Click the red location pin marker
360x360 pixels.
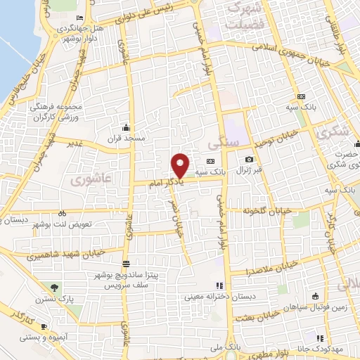click(x=180, y=165)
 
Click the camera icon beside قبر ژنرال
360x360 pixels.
click(x=250, y=160)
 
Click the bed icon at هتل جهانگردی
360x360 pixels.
click(x=79, y=18)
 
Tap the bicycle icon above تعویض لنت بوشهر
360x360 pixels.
click(x=62, y=212)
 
